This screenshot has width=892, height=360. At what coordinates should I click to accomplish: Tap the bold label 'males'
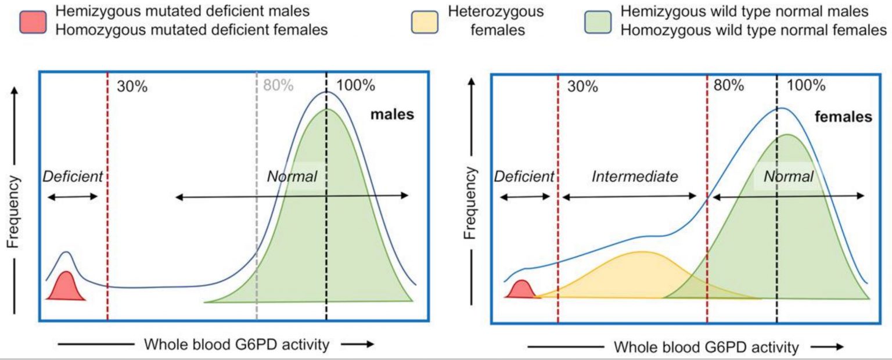pos(393,114)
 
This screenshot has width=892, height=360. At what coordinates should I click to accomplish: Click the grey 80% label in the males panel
pos(278,85)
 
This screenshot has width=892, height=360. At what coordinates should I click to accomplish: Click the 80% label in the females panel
pos(729,85)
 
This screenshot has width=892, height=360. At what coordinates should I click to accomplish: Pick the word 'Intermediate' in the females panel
pos(635,177)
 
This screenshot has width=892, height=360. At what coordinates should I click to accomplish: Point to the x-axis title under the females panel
pos(706,347)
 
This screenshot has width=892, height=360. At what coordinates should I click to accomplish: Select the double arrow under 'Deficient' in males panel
pos(73,197)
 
